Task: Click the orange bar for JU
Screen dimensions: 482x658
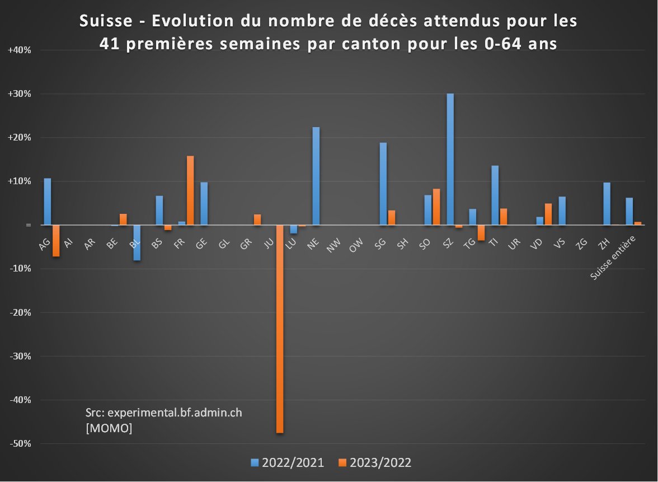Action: tap(280, 329)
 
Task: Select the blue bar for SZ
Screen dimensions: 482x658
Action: tap(450, 159)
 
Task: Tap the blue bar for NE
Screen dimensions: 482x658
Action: tap(316, 176)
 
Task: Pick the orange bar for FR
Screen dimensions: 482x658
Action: tap(190, 190)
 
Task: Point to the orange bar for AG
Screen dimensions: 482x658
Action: tap(56, 241)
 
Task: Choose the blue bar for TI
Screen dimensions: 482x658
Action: tap(495, 195)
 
